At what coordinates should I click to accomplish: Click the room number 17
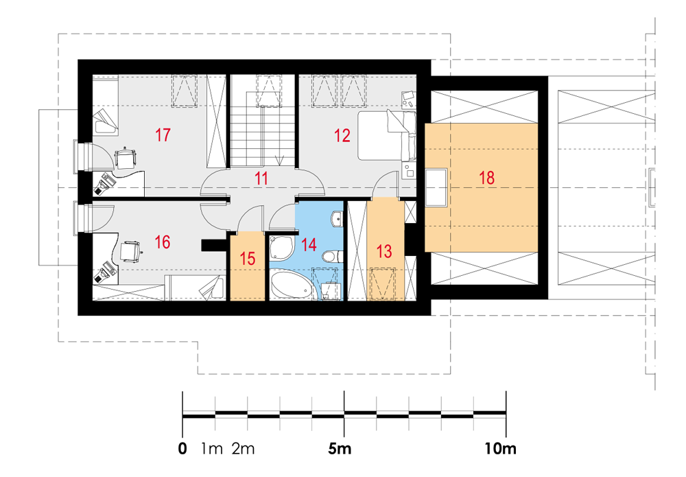[x=163, y=135]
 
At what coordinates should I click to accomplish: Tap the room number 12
[x=342, y=135]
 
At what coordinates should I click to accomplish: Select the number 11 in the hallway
[x=261, y=178]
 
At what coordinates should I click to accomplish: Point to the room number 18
[x=486, y=178]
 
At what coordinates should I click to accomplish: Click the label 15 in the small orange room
[x=247, y=258]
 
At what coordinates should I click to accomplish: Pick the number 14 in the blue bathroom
[x=309, y=244]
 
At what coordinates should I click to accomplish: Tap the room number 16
[x=163, y=242]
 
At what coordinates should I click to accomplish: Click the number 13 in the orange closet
[x=384, y=251]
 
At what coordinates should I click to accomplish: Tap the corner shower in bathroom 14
[x=280, y=248]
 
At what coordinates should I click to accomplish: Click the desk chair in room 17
[x=125, y=158]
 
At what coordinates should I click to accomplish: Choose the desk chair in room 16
[x=130, y=251]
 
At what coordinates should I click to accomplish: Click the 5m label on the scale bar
[x=340, y=449]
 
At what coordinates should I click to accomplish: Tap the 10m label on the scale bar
[x=500, y=449]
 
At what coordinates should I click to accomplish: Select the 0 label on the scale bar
[x=182, y=449]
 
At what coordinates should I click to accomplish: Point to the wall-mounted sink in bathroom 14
[x=337, y=219]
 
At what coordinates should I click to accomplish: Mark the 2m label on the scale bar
[x=244, y=449]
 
